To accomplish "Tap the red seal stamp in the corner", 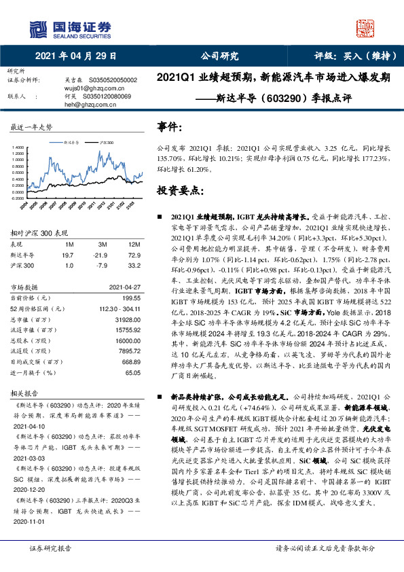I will tap(367, 28).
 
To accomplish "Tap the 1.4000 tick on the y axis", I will tap(18, 147).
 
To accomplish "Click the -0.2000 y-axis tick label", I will tap(18, 198).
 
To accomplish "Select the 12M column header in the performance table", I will tap(134, 243).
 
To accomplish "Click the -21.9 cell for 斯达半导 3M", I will tap(103, 253).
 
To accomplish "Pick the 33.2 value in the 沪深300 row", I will tap(134, 264).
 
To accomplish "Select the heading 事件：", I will tap(170, 127).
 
